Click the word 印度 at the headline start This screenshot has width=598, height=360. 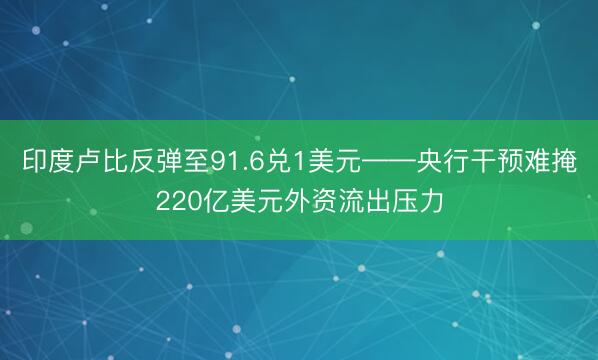point(46,162)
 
